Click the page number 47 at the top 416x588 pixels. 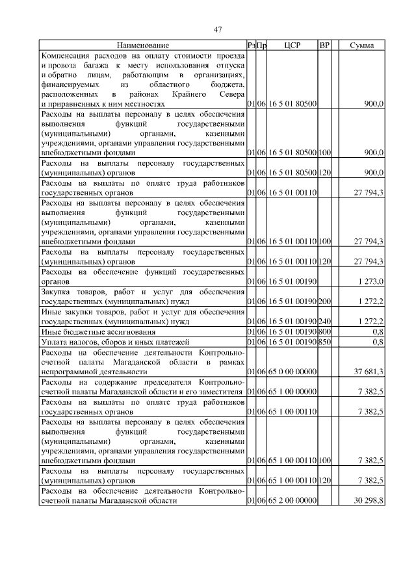pyautogui.click(x=218, y=29)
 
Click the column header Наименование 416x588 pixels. pyautogui.click(x=143, y=45)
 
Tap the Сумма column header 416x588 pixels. pyautogui.click(x=361, y=45)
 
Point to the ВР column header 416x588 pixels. pyautogui.click(x=324, y=45)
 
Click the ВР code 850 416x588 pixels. pyautogui.click(x=324, y=341)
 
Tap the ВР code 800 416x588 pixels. pyautogui.click(x=324, y=331)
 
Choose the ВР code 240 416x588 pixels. pyautogui.click(x=324, y=321)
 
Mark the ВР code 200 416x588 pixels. pyautogui.click(x=324, y=301)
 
